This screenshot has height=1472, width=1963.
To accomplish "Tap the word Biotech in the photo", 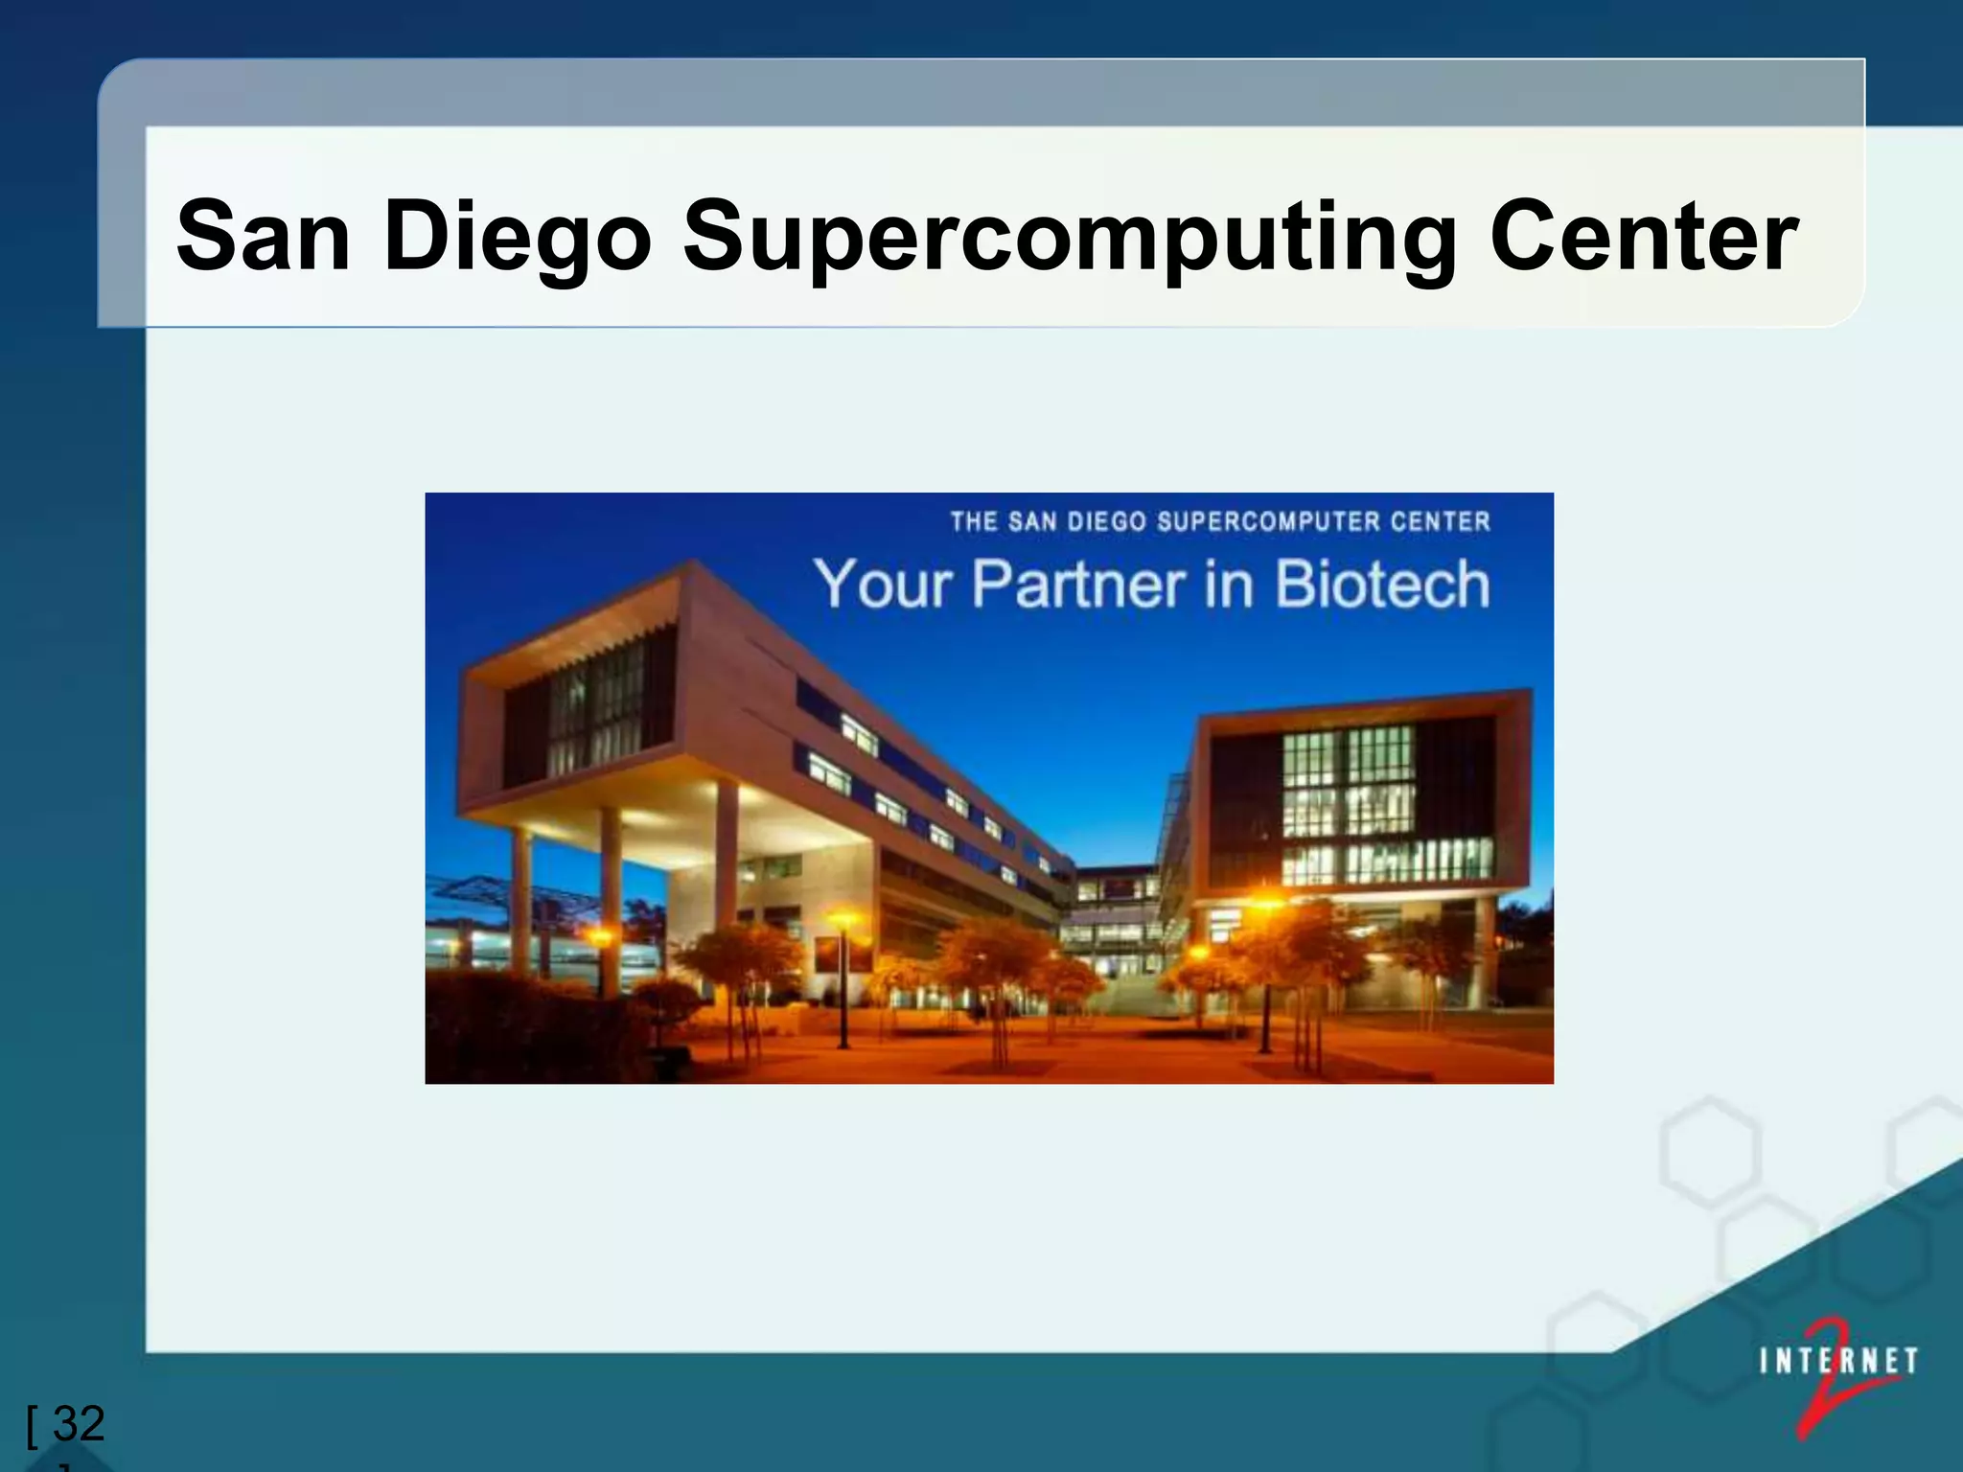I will [1382, 584].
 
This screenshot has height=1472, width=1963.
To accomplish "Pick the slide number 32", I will [79, 1424].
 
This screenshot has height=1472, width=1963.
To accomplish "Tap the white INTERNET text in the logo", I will [1838, 1361].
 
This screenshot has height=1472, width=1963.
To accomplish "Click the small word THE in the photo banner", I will [974, 521].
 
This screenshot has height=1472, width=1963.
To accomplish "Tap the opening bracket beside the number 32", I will [33, 1426].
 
